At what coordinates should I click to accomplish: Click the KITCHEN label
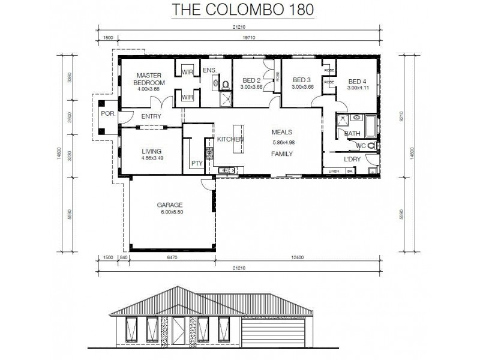[x=230, y=139]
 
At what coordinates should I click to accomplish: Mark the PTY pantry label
[x=196, y=163]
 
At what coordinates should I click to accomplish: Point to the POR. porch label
[x=108, y=112]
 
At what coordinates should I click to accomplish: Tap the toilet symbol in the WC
[x=371, y=145]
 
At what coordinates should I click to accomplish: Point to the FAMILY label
[x=281, y=154]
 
